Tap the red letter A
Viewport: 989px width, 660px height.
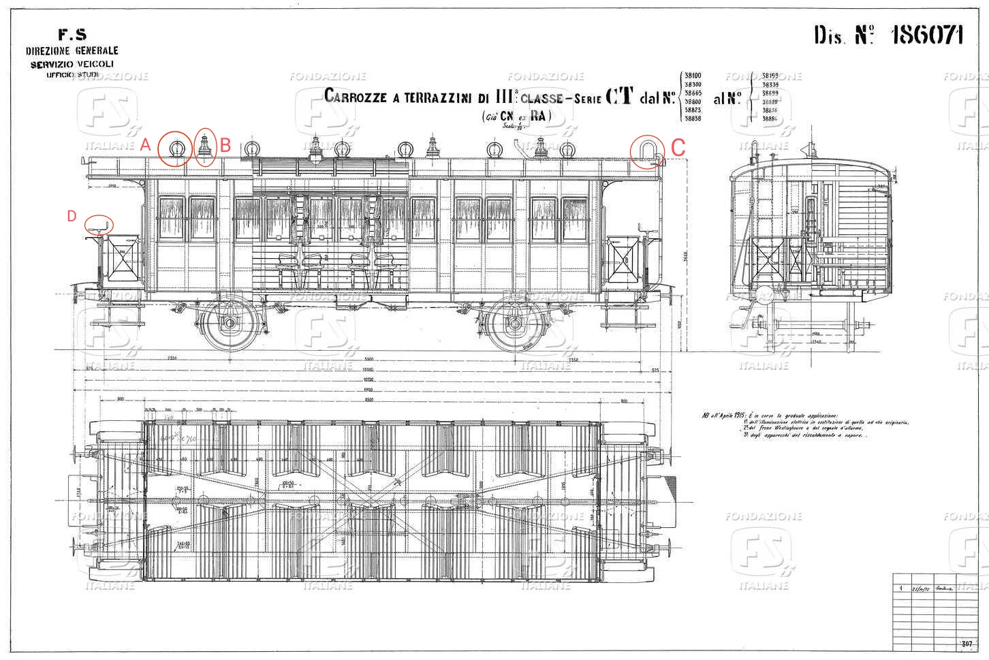tap(144, 144)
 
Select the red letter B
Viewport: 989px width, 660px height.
tap(225, 145)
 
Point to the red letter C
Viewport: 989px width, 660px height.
tap(678, 147)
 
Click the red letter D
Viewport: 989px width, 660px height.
tap(72, 216)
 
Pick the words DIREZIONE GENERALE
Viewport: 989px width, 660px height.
tap(72, 50)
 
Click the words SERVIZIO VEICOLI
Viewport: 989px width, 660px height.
tap(72, 63)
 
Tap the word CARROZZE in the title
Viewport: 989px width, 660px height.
tap(356, 97)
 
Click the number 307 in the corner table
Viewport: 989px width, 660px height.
tap(967, 643)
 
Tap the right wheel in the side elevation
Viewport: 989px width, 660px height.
tap(516, 323)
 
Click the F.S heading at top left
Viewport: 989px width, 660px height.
tap(72, 35)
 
